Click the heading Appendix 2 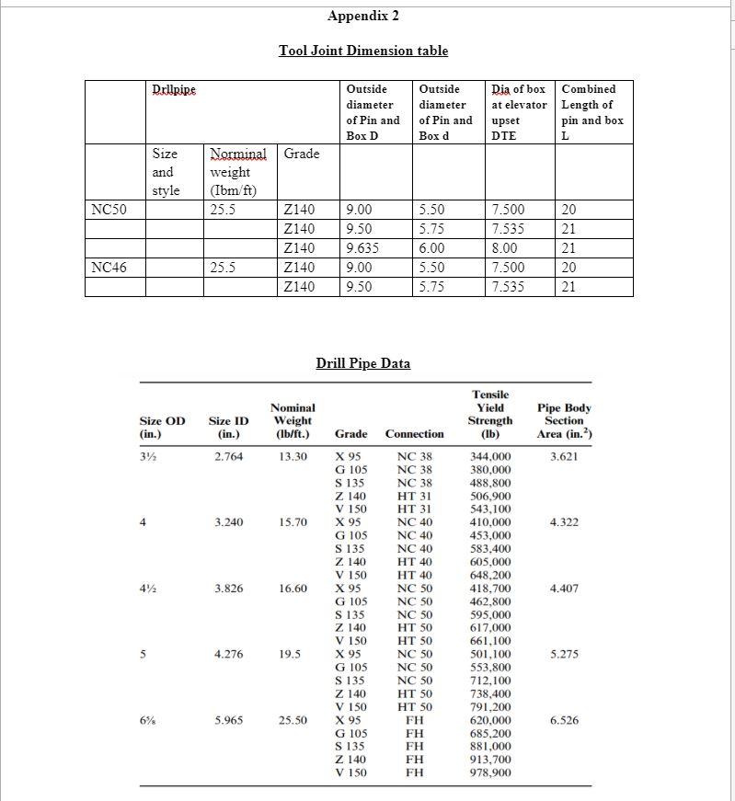(363, 16)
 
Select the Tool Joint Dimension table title (363, 51)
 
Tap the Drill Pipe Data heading (363, 363)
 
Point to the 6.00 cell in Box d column (433, 248)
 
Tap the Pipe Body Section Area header (564, 420)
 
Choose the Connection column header (414, 433)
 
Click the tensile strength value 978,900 (490, 773)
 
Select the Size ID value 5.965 (225, 721)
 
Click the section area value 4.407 (564, 589)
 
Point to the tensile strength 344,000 (490, 456)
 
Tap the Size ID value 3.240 (225, 522)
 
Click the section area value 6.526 (564, 721)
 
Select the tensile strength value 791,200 (490, 707)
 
